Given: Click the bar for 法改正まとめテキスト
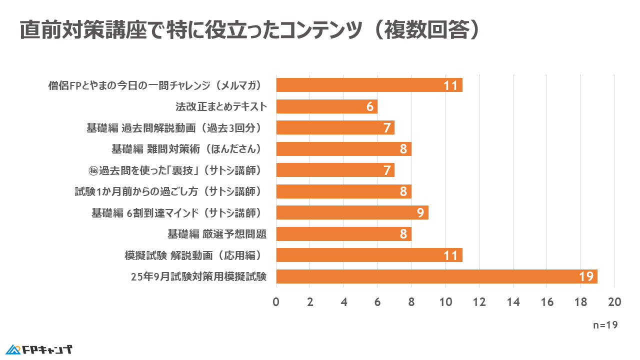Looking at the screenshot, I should coord(326,106).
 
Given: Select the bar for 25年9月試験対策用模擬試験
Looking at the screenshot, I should coord(436,276).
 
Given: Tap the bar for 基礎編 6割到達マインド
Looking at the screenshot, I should coord(352,213).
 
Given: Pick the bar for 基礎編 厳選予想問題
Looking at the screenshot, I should coord(343,234).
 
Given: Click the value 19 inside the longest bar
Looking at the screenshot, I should coord(586,277).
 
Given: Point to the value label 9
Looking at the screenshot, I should coord(420,213).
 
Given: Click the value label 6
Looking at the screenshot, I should coord(369,106).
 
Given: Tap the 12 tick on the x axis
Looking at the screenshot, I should coord(479,302).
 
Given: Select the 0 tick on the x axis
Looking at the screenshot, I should coord(276,302).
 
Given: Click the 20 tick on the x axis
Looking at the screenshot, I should coord(614,302).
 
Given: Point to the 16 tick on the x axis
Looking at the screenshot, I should coord(546,302).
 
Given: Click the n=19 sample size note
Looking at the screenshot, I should coord(605,325).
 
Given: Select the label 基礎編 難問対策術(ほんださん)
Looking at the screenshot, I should coord(187,149).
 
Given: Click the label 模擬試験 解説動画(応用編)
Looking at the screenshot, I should coord(194,255).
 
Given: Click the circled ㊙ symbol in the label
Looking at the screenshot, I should coord(93,170).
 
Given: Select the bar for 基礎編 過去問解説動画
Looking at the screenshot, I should coord(335,128).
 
